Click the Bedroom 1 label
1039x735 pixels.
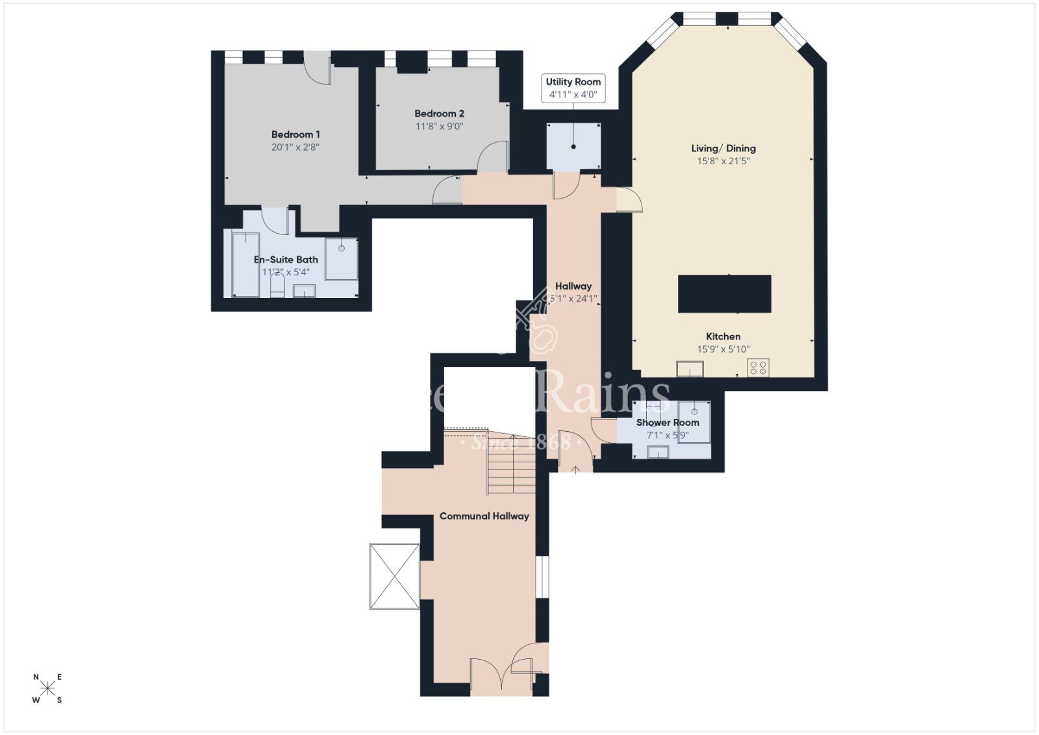295,134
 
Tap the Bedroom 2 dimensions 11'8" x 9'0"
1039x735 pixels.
440,127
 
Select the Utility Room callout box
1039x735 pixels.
573,88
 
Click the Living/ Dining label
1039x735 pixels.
723,148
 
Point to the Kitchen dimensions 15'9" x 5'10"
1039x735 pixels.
723,349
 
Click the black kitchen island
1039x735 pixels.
725,294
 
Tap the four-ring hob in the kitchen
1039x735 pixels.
758,367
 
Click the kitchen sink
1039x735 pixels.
690,369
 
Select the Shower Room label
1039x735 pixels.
668,422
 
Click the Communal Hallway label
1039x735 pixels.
484,516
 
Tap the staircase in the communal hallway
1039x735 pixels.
512,464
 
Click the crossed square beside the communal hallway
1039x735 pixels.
394,576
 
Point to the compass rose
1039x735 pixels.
47,688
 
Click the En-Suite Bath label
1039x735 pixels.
286,260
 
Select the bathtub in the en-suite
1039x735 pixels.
245,265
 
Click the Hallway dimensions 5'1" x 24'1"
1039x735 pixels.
573,299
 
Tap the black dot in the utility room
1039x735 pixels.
573,147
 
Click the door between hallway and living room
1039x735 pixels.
629,200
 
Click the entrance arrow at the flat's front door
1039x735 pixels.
575,469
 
